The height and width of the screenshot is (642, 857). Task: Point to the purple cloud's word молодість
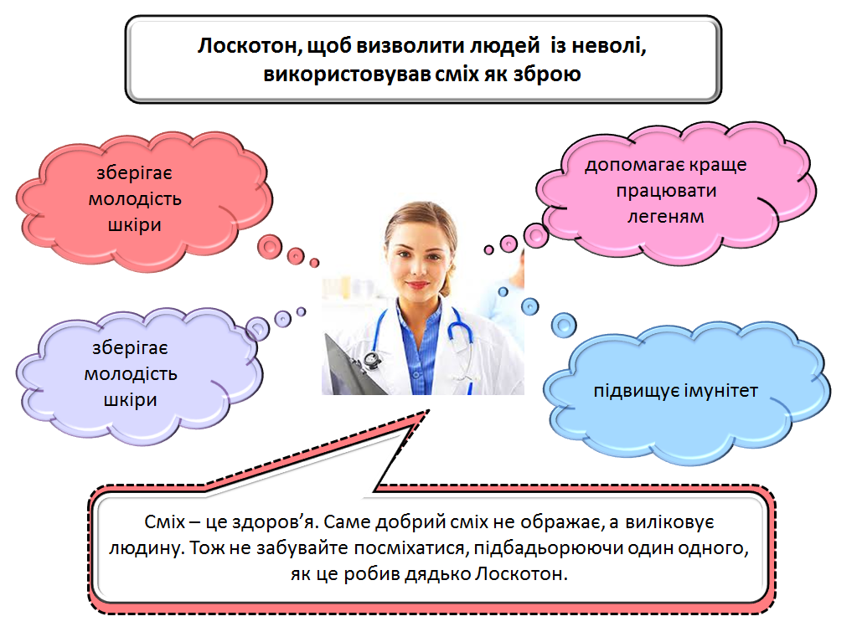click(x=131, y=374)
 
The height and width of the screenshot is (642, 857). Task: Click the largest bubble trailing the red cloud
click(x=271, y=246)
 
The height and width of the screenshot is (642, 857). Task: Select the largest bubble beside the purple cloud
click(x=257, y=326)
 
